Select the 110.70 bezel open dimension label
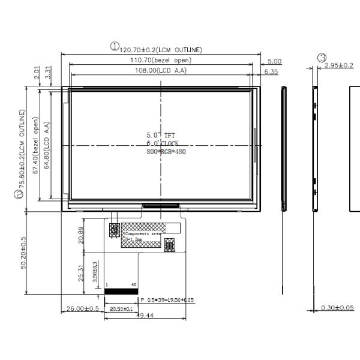[161, 61]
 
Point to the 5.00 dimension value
[274, 61]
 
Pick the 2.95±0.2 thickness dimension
[339, 65]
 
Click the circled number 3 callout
[322, 58]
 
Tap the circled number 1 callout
[114, 46]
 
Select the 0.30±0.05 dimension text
[337, 308]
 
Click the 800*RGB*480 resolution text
[165, 152]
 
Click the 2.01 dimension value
[37, 73]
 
